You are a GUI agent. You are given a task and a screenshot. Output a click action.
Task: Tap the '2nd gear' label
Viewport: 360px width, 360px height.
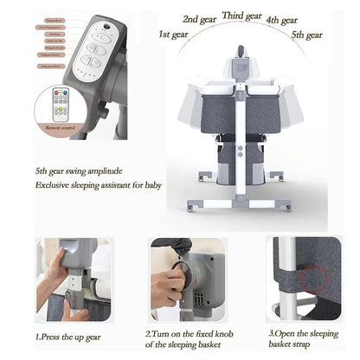[201, 18]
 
